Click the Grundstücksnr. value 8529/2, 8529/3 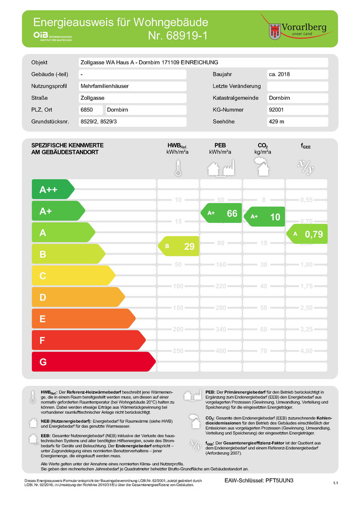click(102, 121)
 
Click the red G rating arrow click(93, 362)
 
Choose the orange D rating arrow click(77, 297)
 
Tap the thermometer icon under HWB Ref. click(177, 168)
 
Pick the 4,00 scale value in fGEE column click(307, 351)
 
